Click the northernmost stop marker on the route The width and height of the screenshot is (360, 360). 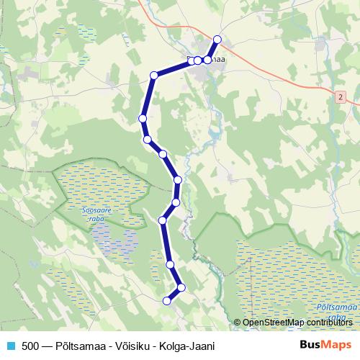(217, 40)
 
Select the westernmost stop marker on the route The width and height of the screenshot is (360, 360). (143, 118)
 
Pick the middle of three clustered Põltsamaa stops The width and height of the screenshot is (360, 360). (198, 60)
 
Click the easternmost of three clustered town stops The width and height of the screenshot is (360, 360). (207, 60)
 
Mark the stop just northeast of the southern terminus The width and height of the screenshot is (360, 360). (181, 288)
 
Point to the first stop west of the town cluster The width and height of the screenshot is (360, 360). (153, 75)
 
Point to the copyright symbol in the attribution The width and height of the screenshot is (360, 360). (238, 323)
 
